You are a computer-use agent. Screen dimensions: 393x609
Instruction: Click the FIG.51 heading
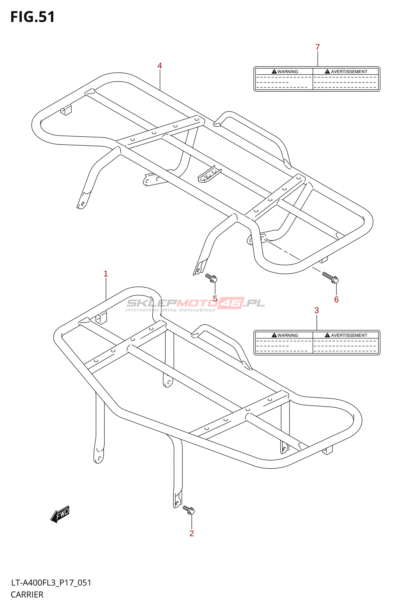(33, 17)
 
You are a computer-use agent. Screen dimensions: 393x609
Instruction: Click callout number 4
(160, 66)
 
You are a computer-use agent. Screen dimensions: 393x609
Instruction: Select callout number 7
(318, 47)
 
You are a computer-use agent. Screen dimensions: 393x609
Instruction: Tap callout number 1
(106, 274)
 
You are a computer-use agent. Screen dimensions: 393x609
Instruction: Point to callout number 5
(215, 299)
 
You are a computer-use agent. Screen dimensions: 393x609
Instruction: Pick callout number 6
(336, 300)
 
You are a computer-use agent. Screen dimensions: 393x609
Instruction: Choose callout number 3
(316, 311)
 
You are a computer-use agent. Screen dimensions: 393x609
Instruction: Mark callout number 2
(192, 534)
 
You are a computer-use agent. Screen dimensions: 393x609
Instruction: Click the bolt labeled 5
(211, 278)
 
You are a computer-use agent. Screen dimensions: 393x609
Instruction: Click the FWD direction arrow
(60, 515)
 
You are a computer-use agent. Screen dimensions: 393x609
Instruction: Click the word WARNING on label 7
(288, 72)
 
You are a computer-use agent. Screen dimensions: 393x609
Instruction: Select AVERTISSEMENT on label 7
(349, 72)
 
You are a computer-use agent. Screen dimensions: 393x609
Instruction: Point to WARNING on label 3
(288, 335)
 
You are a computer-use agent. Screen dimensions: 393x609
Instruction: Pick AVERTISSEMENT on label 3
(349, 335)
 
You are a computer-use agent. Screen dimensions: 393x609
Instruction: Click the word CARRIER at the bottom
(27, 595)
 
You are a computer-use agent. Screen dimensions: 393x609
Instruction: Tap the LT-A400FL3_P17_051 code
(51, 583)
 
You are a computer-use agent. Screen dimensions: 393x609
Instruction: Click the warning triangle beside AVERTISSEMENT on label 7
(327, 72)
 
